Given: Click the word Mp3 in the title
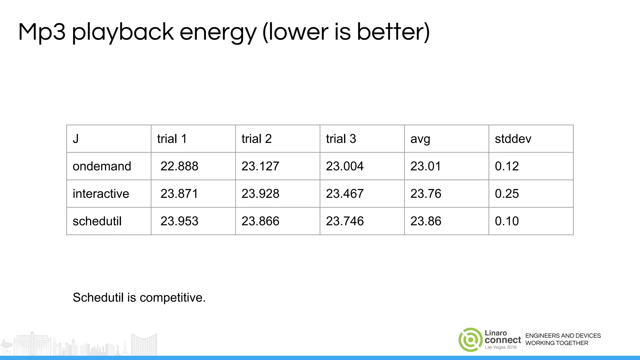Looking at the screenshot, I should click(42, 32).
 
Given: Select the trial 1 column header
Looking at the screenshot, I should click(172, 139).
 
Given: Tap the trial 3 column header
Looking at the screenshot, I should click(341, 139).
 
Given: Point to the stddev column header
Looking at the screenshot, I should click(513, 139).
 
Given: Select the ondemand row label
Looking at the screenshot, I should click(102, 166).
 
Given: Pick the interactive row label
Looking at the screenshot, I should click(101, 194).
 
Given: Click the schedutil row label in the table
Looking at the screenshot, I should click(97, 221).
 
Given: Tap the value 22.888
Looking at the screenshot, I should click(179, 166).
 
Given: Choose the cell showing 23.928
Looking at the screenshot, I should click(260, 194).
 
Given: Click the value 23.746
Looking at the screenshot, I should click(345, 221).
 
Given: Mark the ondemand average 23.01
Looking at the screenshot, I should click(425, 166).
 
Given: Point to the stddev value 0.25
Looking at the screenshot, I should click(507, 194).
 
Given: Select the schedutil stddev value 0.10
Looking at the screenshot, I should click(507, 221).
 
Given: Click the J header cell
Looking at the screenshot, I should click(76, 139).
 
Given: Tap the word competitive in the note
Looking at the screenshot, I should click(172, 297).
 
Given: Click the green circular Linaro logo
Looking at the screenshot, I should click(470, 340).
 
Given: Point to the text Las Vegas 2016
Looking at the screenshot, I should click(501, 347).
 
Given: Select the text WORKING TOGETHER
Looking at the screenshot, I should click(557, 343).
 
